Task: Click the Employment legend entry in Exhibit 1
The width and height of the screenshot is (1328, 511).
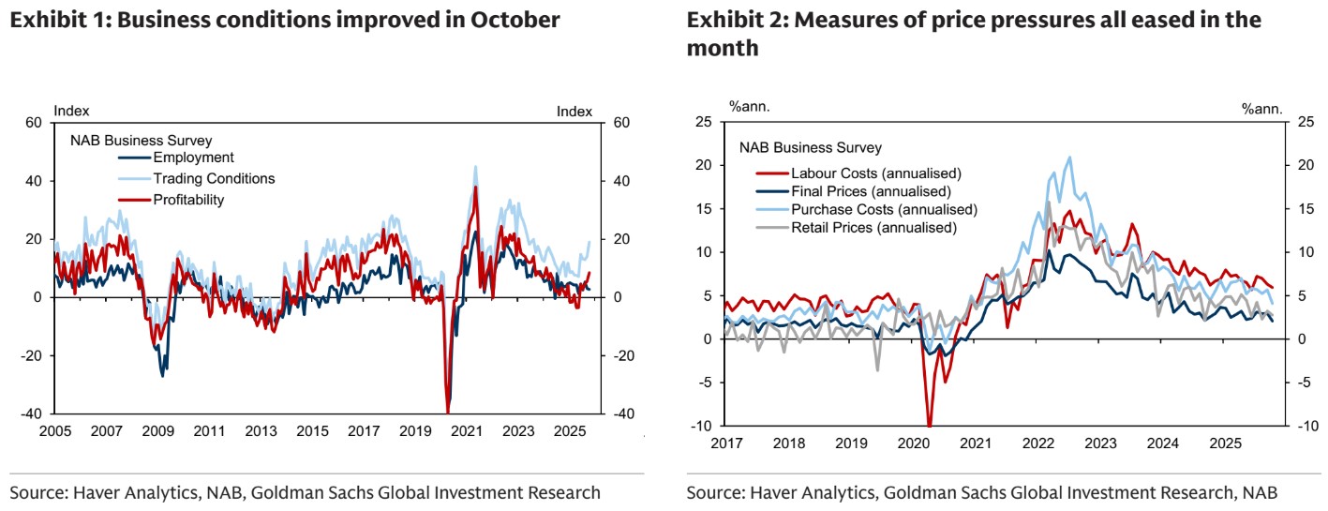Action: (193, 158)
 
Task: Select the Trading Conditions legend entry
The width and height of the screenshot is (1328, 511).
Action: (214, 178)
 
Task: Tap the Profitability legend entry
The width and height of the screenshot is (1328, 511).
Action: (188, 199)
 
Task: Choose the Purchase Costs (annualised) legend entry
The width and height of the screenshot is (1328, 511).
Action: (884, 209)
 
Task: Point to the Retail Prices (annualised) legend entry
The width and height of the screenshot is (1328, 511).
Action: (873, 227)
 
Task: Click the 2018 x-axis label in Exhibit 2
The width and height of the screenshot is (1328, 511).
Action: (788, 443)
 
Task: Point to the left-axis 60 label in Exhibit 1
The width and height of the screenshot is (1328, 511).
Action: (35, 123)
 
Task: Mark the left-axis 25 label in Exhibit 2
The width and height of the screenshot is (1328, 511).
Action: (703, 122)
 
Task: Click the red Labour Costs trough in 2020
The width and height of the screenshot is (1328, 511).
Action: (930, 425)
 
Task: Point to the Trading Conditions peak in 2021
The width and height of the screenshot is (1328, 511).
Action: (475, 167)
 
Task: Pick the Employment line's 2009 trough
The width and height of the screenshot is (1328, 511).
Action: (163, 375)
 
